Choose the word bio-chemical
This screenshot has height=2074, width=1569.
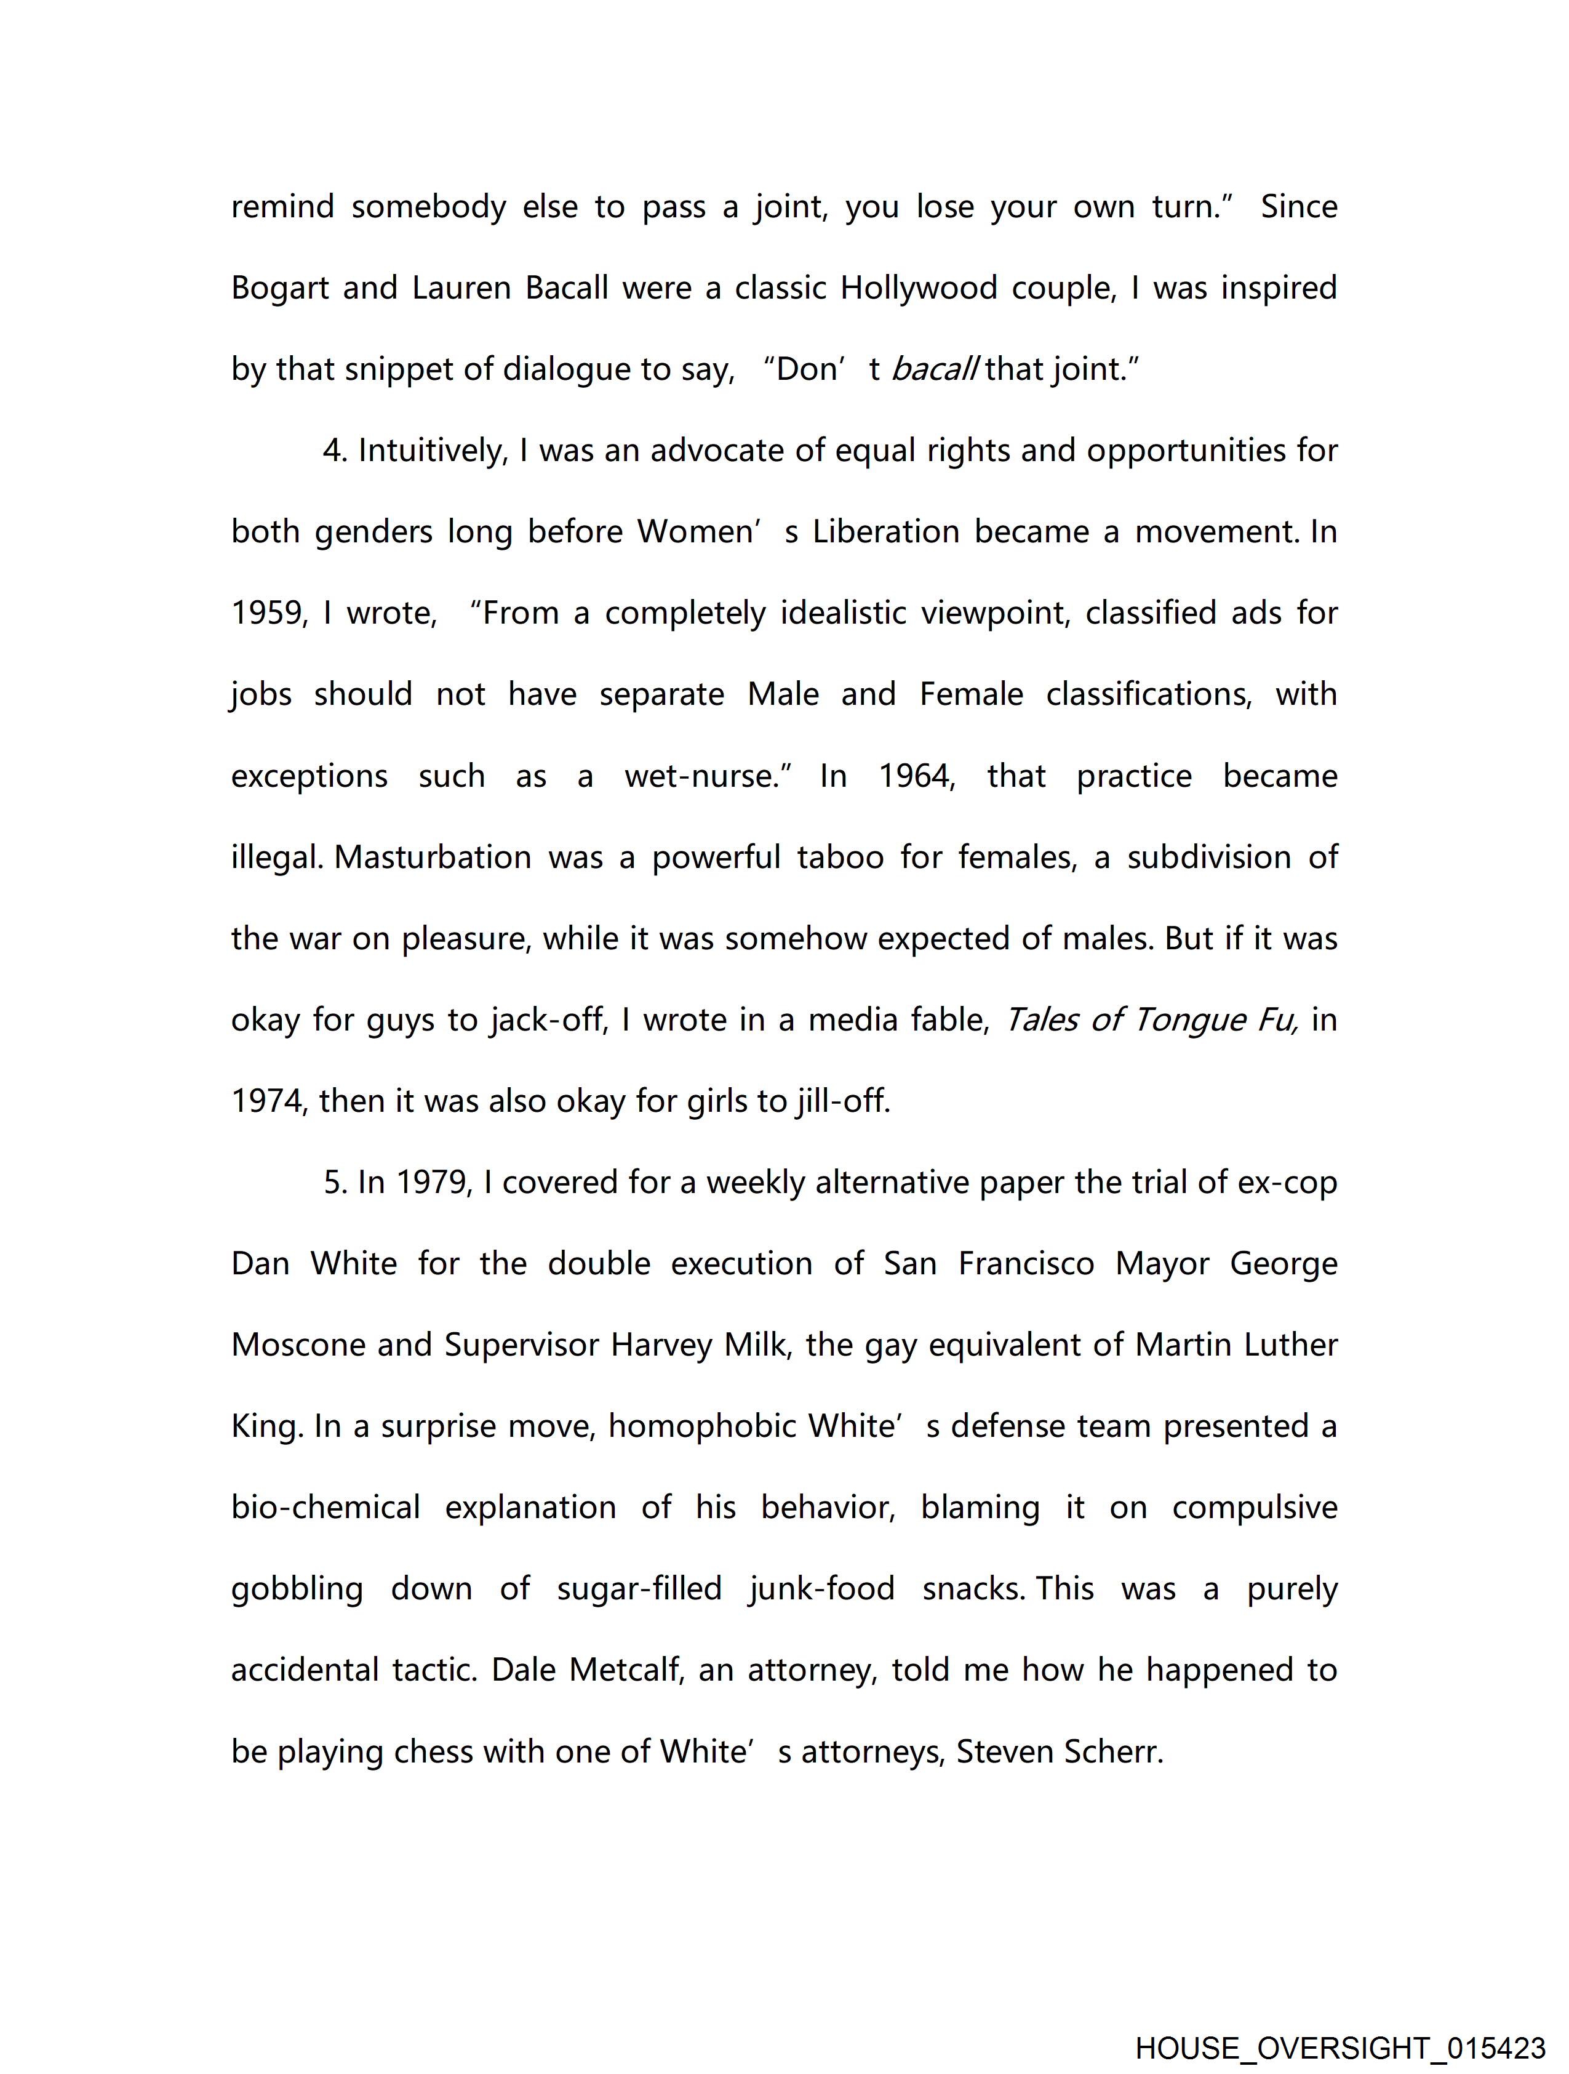pos(326,1508)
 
